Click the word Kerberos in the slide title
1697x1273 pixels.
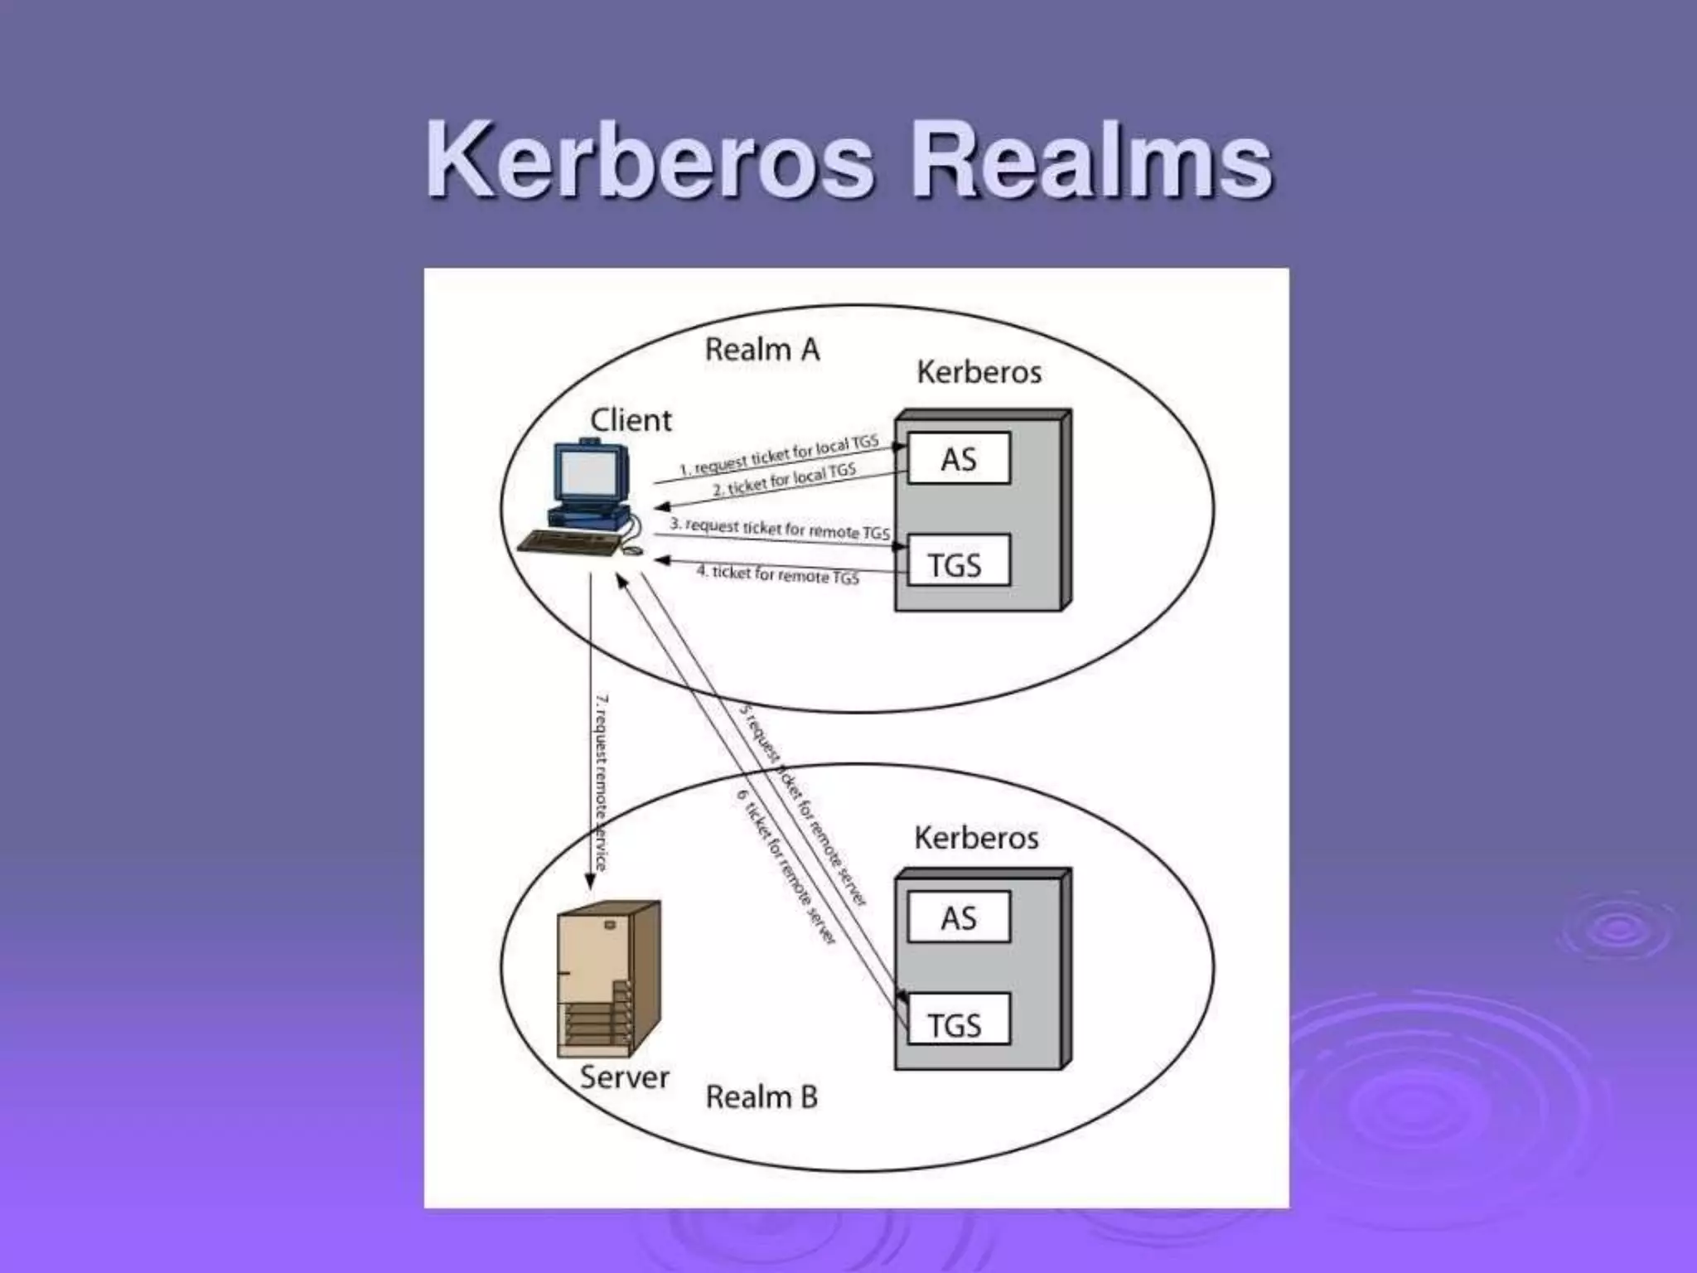point(650,159)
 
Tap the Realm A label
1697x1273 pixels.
point(761,350)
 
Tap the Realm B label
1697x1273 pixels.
point(761,1097)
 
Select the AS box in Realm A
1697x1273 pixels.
point(959,458)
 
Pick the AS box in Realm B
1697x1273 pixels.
point(959,917)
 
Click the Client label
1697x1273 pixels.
point(631,421)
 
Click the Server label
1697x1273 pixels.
point(624,1077)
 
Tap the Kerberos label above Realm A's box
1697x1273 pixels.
point(979,372)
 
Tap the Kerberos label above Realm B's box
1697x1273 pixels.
point(976,838)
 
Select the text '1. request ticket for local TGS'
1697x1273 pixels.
point(778,457)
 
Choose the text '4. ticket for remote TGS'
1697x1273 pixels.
point(777,574)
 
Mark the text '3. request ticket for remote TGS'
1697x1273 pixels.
point(779,528)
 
